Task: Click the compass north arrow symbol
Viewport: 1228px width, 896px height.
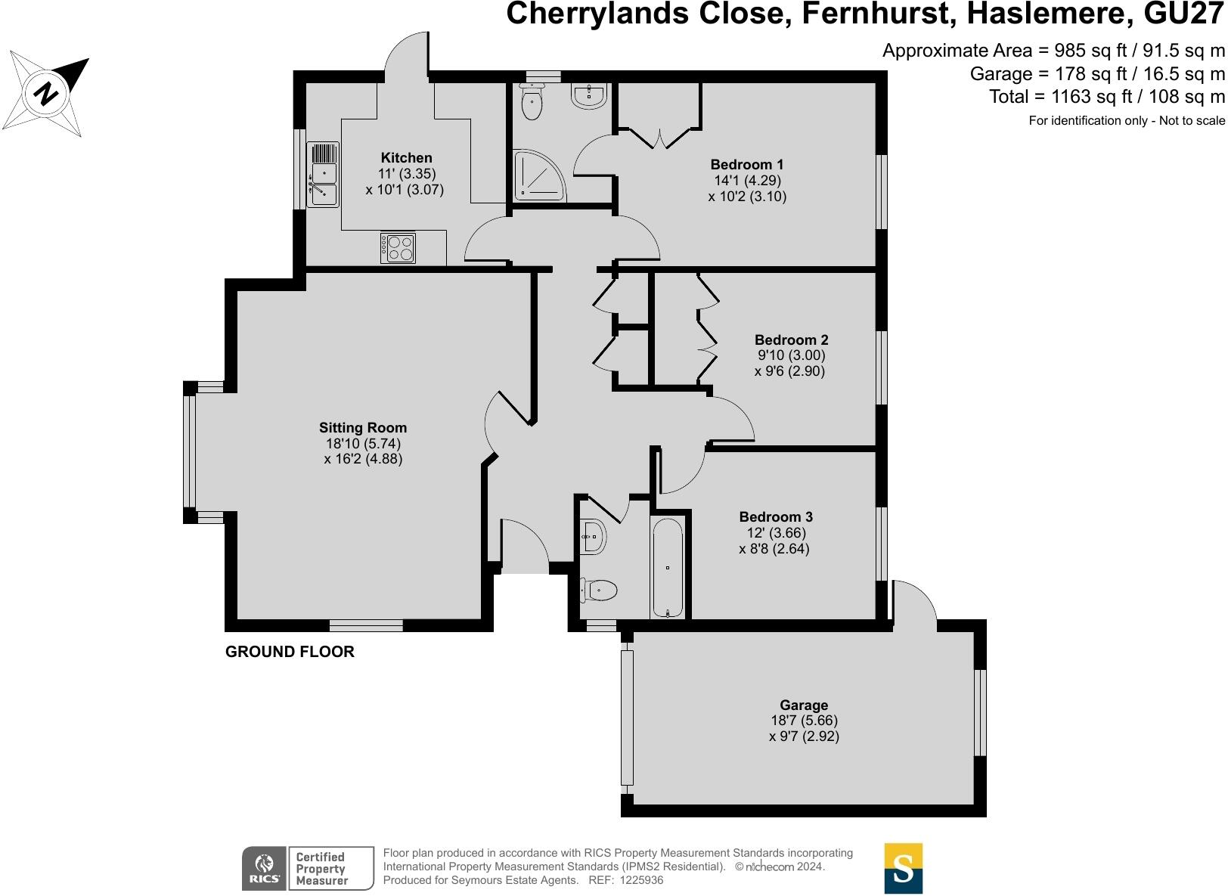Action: tap(48, 94)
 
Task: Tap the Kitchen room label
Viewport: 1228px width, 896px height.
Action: tap(406, 158)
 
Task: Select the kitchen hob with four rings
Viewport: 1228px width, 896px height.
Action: tap(398, 248)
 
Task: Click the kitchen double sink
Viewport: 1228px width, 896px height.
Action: tap(323, 174)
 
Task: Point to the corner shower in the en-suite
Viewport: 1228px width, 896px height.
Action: tap(540, 175)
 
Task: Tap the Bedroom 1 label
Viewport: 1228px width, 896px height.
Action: tap(746, 165)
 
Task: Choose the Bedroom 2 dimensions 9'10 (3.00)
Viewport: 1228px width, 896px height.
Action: tap(791, 355)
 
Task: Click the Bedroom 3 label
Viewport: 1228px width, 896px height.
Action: tap(776, 517)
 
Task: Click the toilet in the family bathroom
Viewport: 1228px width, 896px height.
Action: tap(599, 590)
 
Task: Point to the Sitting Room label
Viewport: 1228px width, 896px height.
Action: tap(363, 428)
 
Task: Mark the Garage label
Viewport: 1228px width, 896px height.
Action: tap(804, 705)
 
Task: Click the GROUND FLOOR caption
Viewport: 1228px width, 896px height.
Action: tap(290, 652)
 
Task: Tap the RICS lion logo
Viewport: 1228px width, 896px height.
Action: tap(265, 868)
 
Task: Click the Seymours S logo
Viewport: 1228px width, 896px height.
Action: tap(903, 868)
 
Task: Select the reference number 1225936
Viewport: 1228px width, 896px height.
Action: tap(641, 880)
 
